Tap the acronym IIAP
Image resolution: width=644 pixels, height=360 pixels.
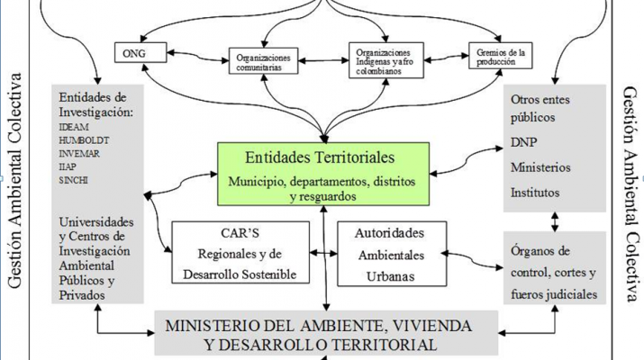(69, 167)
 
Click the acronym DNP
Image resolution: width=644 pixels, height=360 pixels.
(524, 143)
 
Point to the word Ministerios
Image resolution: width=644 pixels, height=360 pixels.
(541, 167)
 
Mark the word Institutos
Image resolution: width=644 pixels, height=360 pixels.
(535, 192)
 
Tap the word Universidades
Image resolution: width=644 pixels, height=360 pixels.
(96, 222)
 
